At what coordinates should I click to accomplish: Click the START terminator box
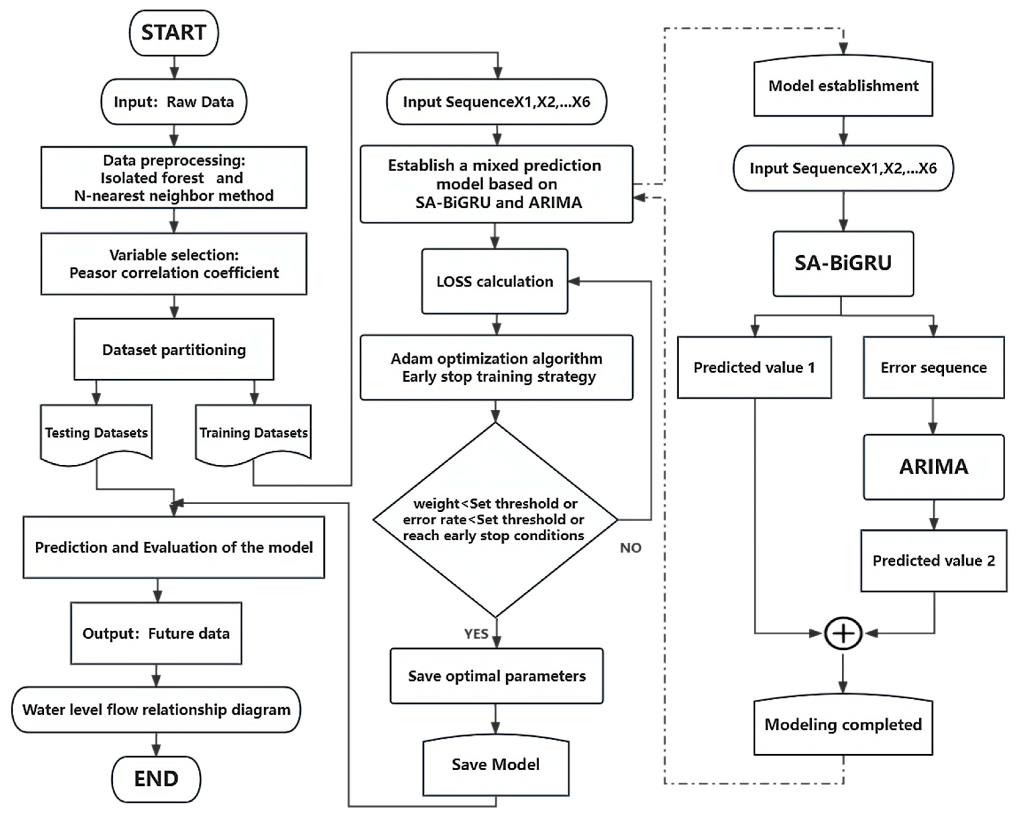173,33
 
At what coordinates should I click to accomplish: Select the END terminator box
156,779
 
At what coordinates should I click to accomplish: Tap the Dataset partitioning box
173,350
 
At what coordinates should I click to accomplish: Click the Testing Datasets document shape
97,433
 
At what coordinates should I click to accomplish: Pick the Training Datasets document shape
253,433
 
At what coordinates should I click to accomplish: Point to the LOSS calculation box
495,281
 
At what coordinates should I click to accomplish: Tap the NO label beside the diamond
630,548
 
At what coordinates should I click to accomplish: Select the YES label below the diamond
476,634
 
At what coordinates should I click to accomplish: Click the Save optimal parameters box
497,676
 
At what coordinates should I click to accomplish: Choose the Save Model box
496,765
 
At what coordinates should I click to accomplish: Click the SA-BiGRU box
843,263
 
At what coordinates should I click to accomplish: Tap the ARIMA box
934,467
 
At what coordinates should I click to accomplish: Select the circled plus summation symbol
843,634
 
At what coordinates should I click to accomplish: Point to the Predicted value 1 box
754,368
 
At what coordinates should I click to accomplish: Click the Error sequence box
934,368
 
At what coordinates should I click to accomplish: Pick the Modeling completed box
843,725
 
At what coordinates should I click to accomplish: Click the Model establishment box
843,86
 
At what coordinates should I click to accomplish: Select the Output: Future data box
156,634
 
